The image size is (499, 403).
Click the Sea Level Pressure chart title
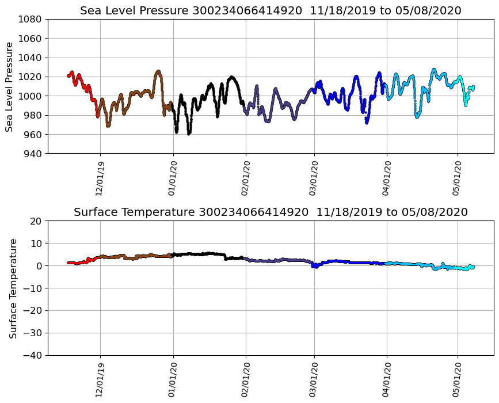pos(271,11)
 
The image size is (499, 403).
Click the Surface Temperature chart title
pos(271,212)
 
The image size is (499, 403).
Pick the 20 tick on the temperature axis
pos(36,221)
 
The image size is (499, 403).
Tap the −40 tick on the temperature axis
pos(32,356)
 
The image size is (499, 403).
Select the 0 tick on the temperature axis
pos(39,266)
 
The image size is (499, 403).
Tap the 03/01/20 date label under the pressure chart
pos(314,178)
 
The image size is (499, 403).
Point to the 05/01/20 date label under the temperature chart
pos(458,380)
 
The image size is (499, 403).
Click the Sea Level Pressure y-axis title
pos(10,86)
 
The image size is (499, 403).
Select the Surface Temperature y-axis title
pos(13,288)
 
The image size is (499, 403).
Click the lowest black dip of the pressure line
pos(189,133)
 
